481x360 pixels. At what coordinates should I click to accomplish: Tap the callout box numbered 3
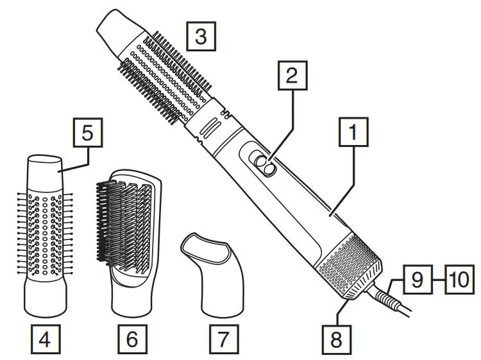[201, 37]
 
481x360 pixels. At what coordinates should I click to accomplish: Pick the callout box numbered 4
[44, 339]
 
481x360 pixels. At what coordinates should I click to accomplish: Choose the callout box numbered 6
[131, 339]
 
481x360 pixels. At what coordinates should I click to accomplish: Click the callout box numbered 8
[336, 339]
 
